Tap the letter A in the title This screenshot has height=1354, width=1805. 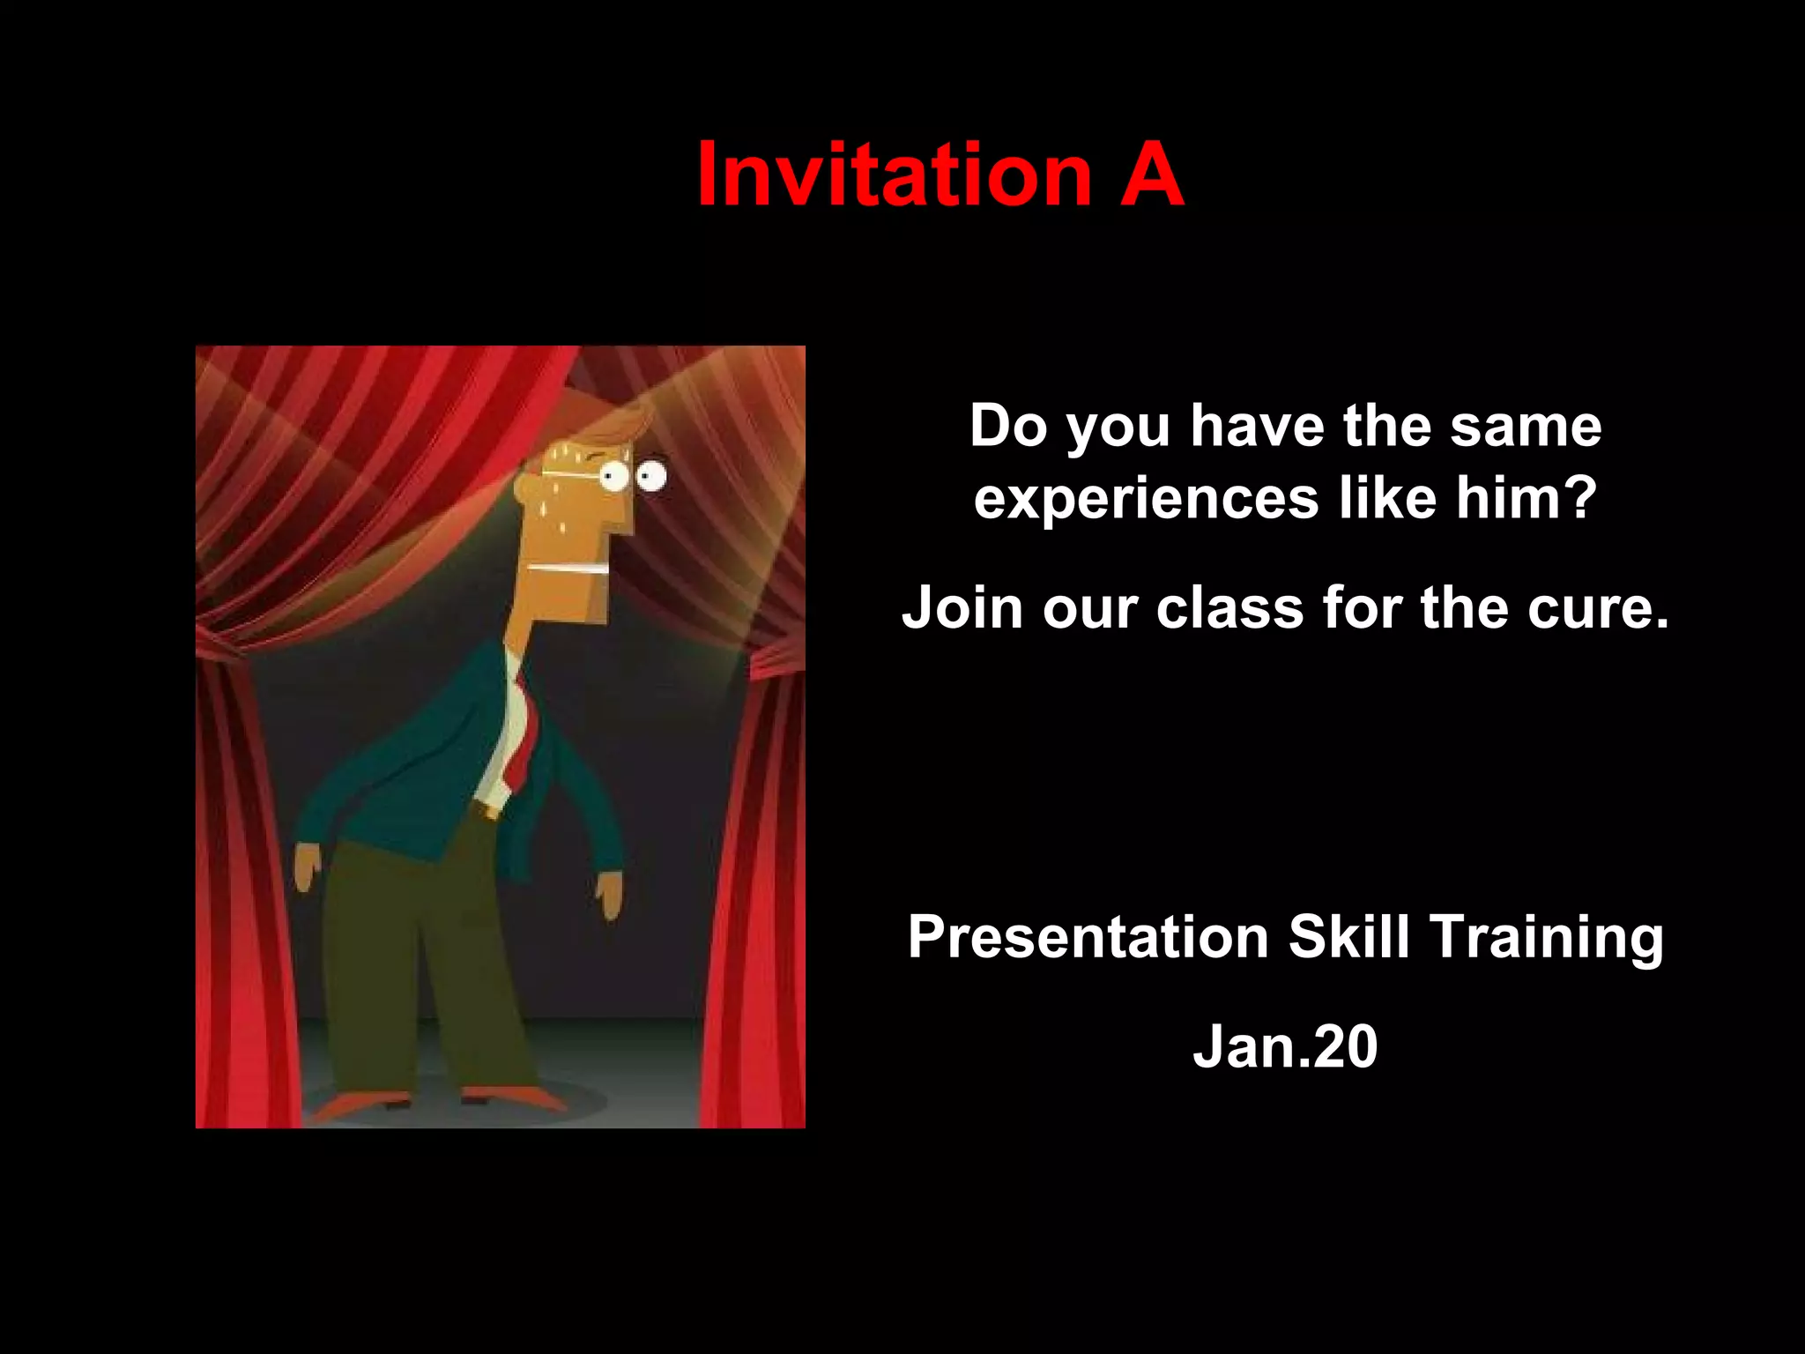pos(1151,175)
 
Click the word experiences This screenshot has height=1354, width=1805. pos(1146,499)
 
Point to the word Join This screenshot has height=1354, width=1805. pos(961,608)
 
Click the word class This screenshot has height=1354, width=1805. pos(1229,608)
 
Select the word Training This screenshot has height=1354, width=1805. pos(1547,939)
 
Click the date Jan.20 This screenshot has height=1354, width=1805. pos(1285,1047)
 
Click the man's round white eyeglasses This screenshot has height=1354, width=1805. pos(633,477)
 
